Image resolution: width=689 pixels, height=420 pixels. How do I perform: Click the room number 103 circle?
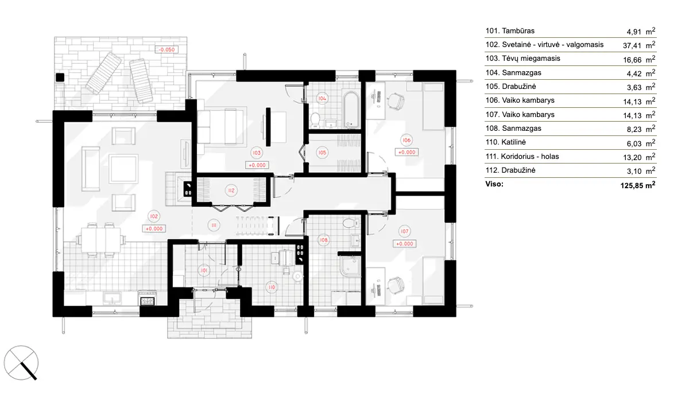tap(256, 153)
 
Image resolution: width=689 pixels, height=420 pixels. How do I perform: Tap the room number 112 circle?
tap(231, 190)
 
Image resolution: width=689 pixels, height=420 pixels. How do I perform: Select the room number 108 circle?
tap(324, 240)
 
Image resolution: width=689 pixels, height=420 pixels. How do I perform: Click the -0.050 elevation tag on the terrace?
tap(167, 50)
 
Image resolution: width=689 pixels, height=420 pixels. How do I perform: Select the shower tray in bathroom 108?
tap(350, 269)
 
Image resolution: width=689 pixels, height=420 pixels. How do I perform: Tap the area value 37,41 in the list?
tap(638, 45)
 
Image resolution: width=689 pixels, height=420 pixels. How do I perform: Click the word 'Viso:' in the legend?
tap(494, 184)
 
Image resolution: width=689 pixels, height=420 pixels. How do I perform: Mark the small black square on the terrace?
tap(59, 76)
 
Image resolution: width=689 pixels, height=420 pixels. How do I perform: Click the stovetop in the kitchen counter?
tap(148, 298)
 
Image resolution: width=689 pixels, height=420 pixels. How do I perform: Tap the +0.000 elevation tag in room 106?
tap(407, 153)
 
